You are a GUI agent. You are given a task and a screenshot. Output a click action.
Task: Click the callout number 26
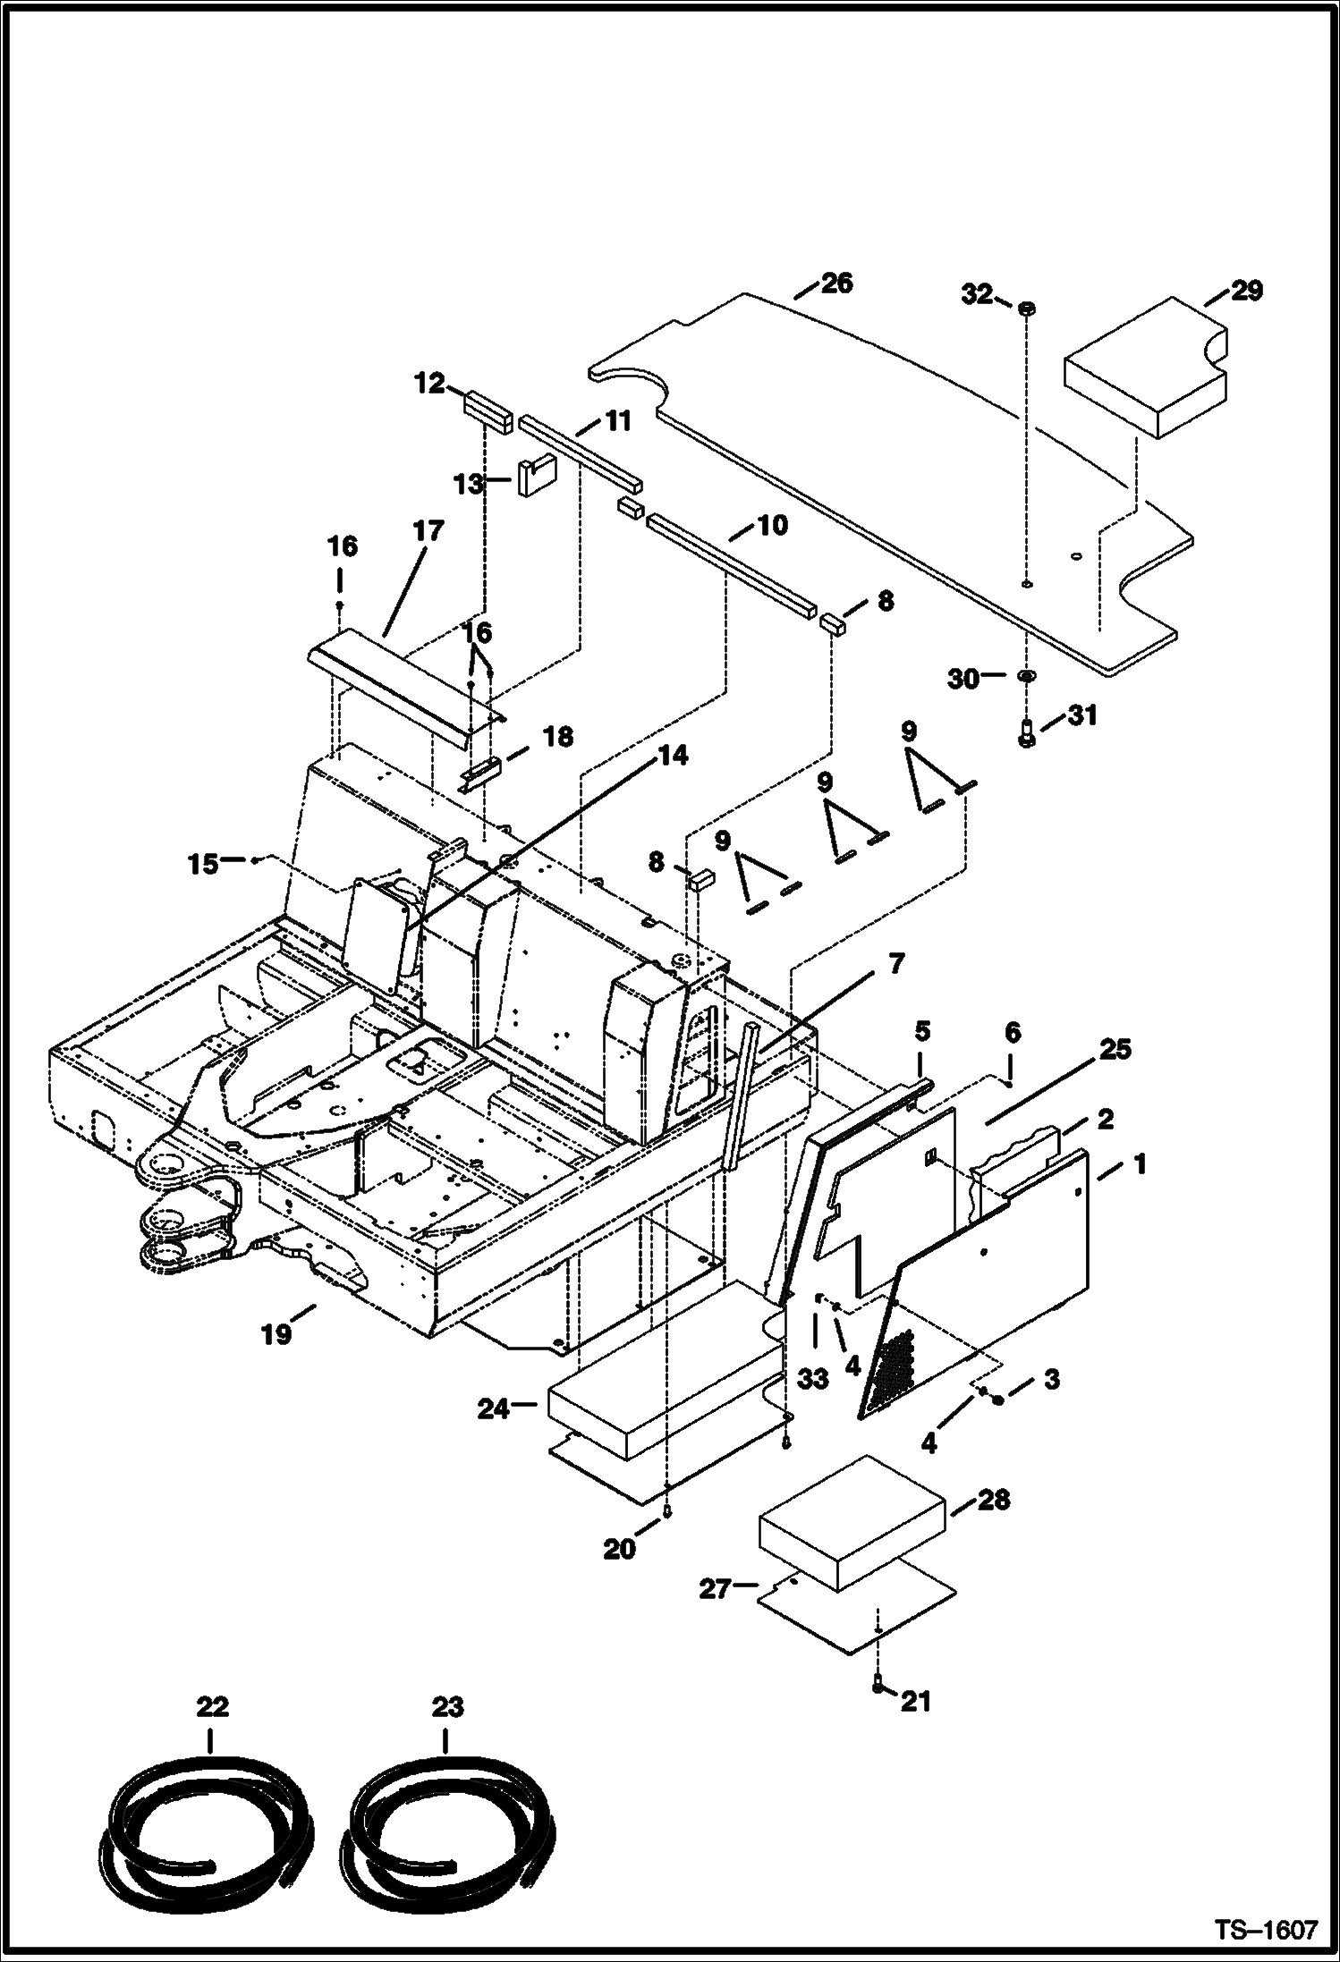(836, 283)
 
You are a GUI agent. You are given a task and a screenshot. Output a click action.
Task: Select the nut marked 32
(1026, 308)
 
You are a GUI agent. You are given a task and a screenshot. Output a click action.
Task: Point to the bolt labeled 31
(1027, 732)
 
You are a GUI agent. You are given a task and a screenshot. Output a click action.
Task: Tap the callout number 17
(428, 531)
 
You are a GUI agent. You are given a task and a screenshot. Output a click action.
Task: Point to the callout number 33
(812, 1379)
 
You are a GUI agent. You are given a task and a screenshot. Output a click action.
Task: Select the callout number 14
(674, 757)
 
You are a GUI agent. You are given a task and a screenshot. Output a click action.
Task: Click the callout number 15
(203, 864)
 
